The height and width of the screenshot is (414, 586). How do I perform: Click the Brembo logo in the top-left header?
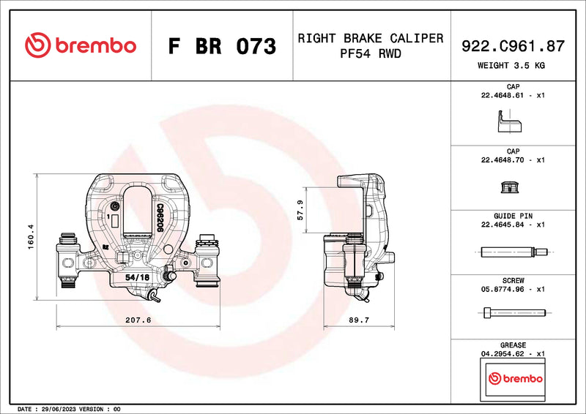click(80, 45)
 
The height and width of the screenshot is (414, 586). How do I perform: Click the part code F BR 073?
click(222, 46)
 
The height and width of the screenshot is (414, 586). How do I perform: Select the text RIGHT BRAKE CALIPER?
click(370, 38)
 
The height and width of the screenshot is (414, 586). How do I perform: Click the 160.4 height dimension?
click(30, 237)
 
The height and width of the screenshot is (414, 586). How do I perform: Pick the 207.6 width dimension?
click(138, 320)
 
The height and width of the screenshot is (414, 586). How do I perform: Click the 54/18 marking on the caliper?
click(137, 277)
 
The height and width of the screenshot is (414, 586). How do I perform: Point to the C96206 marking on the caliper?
click(159, 217)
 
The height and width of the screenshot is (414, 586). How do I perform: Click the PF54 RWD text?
click(370, 53)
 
